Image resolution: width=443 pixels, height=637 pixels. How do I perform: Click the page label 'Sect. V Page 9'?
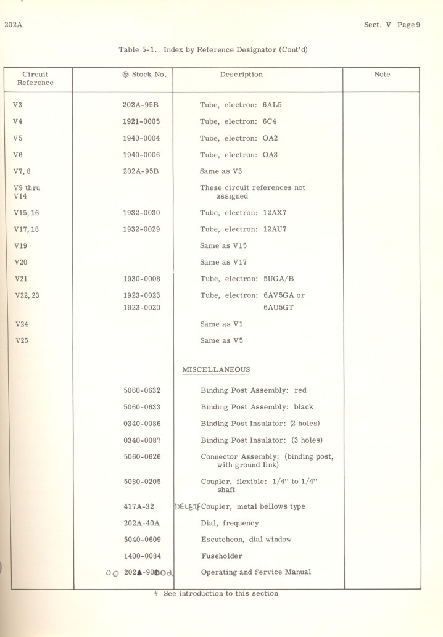(x=392, y=25)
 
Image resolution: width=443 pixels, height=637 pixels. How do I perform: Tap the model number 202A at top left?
(x=13, y=25)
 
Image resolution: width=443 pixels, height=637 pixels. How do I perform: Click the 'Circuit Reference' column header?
(x=35, y=78)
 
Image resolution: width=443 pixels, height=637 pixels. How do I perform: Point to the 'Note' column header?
(x=382, y=75)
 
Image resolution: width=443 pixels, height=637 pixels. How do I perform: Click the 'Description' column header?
(x=241, y=75)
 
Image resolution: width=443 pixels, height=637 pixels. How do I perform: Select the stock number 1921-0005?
(x=141, y=121)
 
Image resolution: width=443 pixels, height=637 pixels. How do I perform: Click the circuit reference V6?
(x=17, y=155)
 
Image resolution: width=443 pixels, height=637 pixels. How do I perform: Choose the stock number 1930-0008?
(x=141, y=279)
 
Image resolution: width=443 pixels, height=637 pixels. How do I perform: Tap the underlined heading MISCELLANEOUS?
(x=216, y=370)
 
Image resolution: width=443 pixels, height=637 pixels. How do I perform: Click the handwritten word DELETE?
(x=188, y=507)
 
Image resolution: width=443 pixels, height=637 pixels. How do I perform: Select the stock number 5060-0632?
(x=142, y=390)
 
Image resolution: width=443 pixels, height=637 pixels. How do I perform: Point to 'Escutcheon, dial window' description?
(x=246, y=540)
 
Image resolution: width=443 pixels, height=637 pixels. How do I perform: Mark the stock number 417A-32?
(x=139, y=507)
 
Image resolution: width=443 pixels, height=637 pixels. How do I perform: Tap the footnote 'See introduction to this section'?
(x=220, y=594)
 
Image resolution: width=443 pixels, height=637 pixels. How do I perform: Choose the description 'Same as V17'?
(x=223, y=262)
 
